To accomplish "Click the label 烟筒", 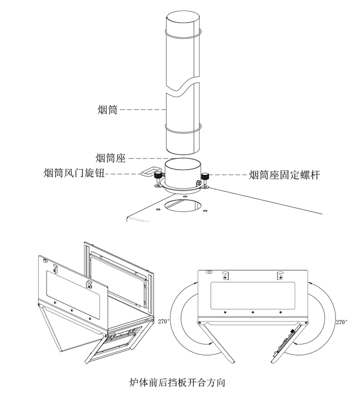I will point(107,110).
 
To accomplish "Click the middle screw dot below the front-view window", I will point(252,313).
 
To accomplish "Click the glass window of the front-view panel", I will point(252,294).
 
